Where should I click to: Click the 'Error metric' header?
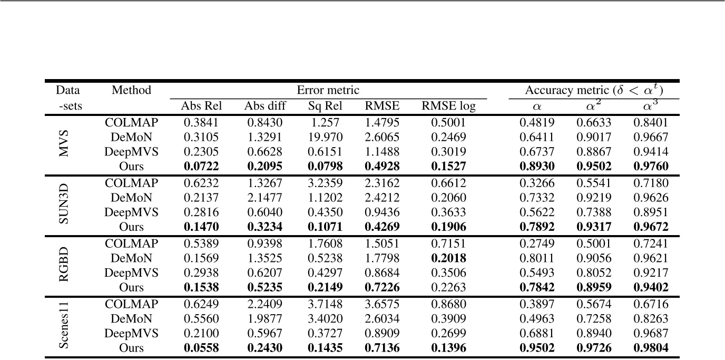tap(328, 90)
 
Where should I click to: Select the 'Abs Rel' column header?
tap(201, 106)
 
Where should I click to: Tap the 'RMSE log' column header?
tap(448, 106)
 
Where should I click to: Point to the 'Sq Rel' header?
tap(325, 106)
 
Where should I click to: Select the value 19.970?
tap(325, 138)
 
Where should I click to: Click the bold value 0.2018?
tap(448, 258)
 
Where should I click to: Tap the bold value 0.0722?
tap(201, 167)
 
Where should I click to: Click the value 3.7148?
tap(325, 304)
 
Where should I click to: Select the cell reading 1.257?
tap(325, 123)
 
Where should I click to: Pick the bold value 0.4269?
tap(382, 228)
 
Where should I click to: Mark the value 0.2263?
tap(448, 288)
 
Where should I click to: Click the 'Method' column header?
tap(131, 90)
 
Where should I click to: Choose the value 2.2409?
tap(264, 304)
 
